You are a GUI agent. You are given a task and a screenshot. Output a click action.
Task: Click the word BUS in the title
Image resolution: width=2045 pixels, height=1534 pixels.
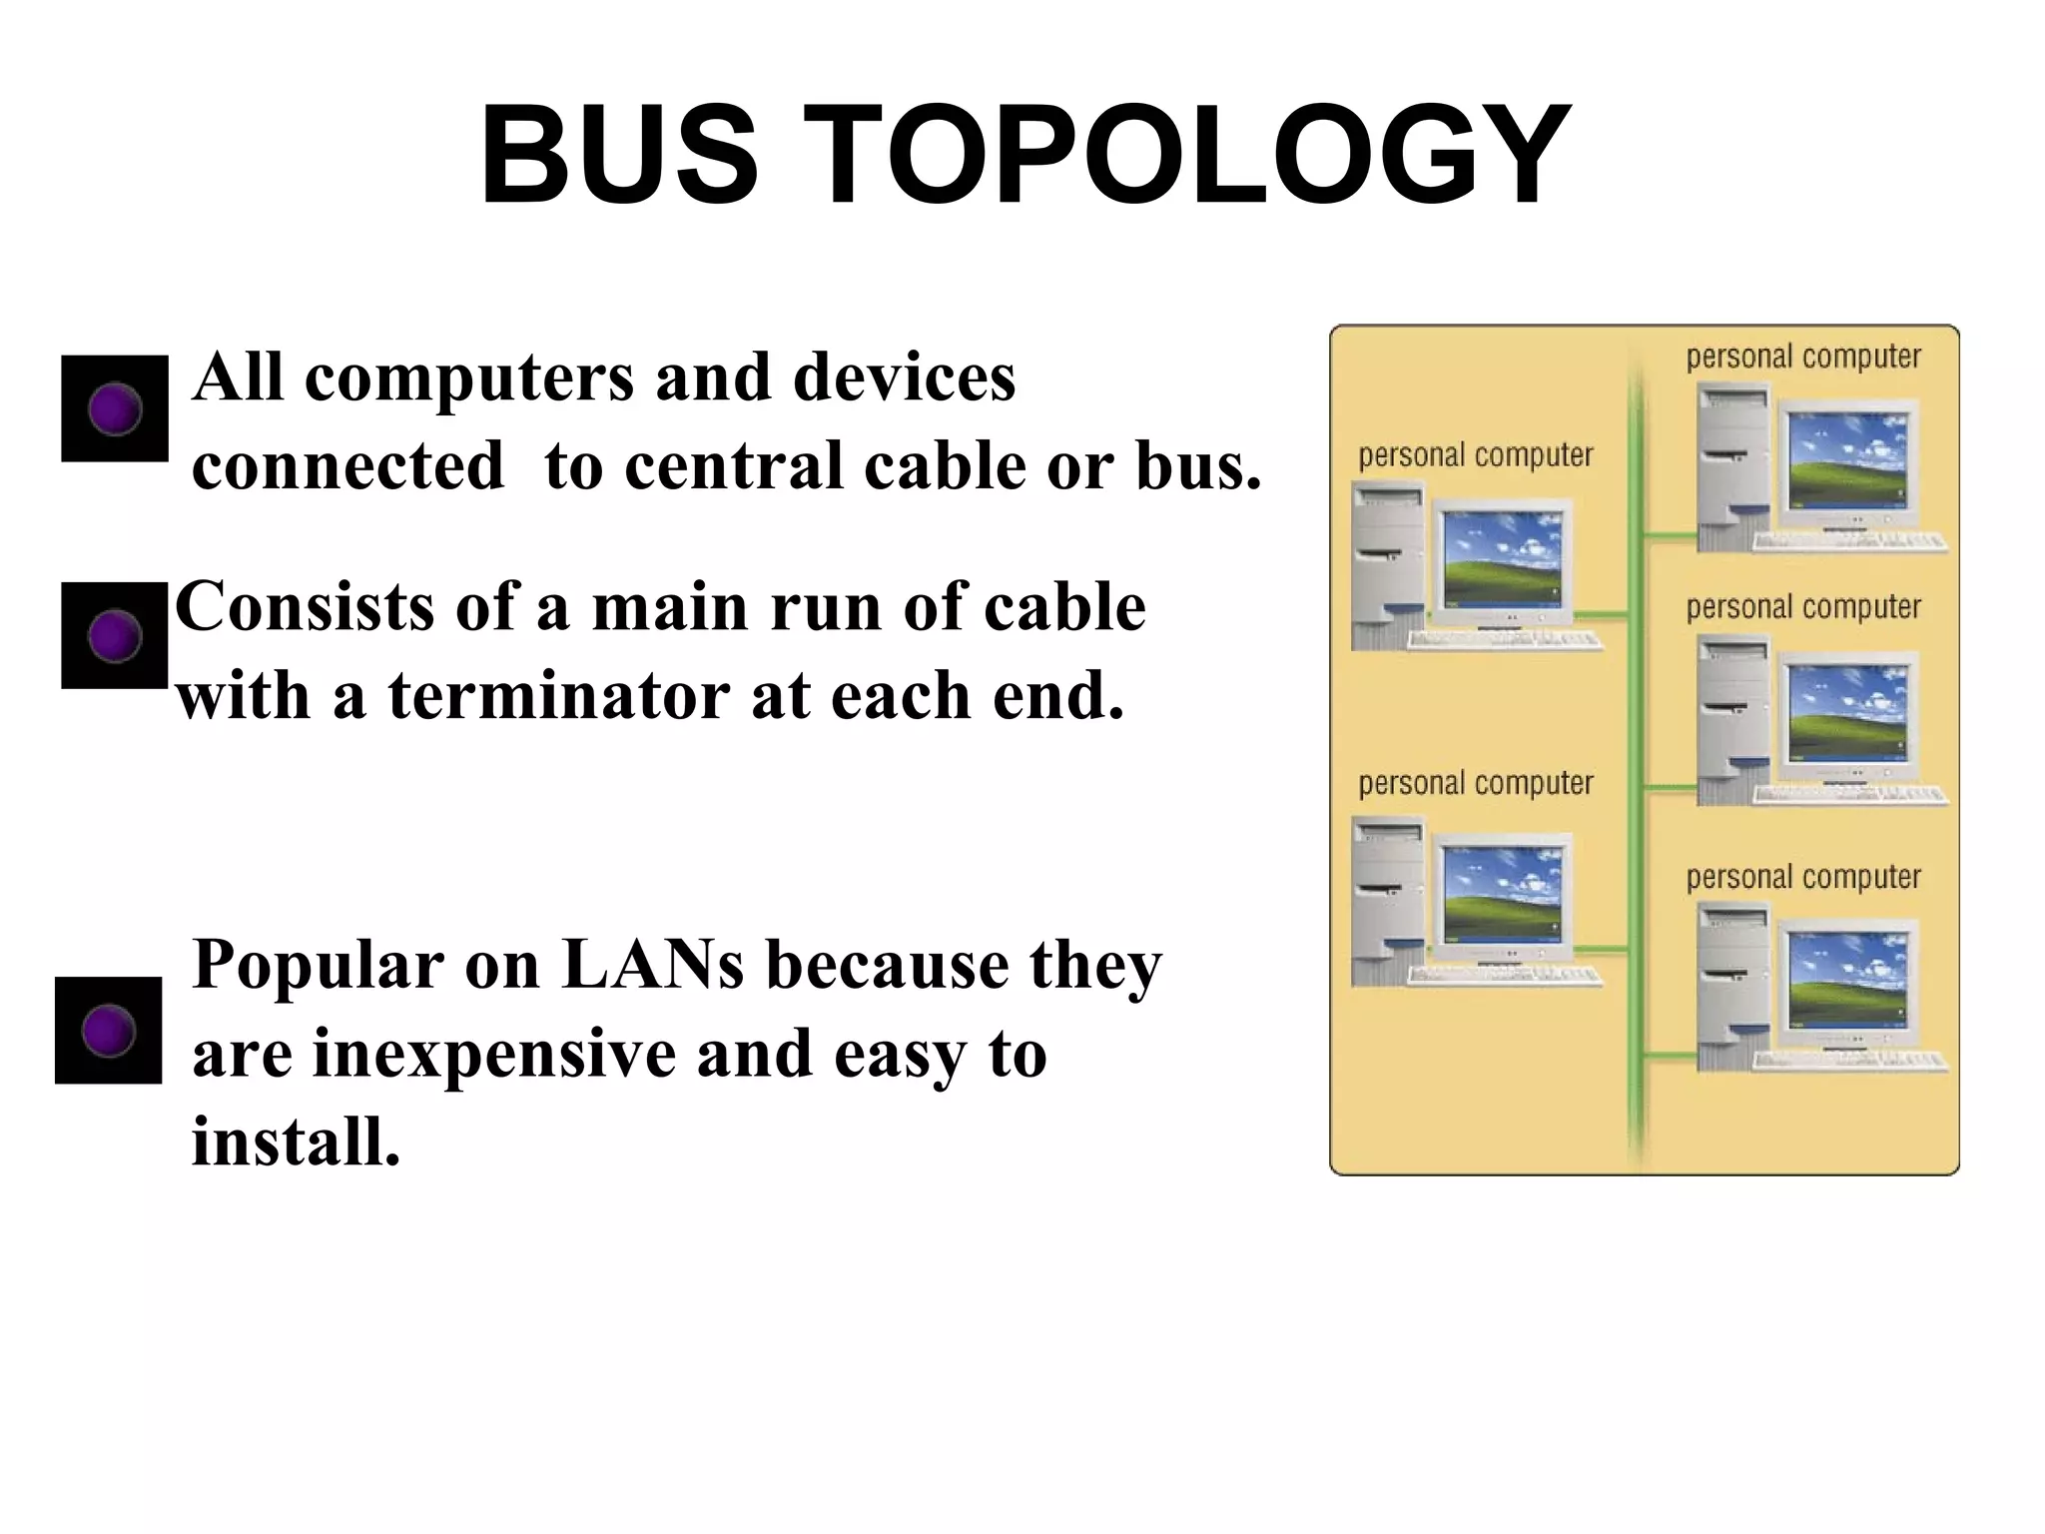pyautogui.click(x=619, y=157)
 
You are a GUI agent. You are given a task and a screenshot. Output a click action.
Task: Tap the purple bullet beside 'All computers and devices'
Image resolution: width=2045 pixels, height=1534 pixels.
pyautogui.click(x=115, y=408)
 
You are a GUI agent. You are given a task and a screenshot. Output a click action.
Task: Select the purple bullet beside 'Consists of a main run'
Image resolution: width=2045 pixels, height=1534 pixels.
pyautogui.click(x=115, y=635)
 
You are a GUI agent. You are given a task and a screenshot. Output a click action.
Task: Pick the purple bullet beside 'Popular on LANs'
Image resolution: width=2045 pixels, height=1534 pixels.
pyautogui.click(x=109, y=1031)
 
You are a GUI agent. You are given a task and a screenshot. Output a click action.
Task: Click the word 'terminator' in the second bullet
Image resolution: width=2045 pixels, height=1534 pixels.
pyautogui.click(x=559, y=695)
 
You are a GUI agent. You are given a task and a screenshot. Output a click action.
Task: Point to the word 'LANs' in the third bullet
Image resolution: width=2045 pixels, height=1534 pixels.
pyautogui.click(x=653, y=965)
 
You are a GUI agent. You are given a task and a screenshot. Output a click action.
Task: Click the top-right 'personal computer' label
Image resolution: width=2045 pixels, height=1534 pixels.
pyautogui.click(x=1803, y=357)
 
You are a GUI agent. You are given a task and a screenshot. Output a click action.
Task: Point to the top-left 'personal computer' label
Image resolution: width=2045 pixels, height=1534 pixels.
pyautogui.click(x=1475, y=455)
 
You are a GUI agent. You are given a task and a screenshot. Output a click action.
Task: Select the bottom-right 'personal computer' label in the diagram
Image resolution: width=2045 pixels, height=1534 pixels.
pyautogui.click(x=1803, y=877)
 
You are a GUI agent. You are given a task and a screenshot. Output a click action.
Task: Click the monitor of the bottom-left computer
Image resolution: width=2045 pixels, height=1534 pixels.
pyautogui.click(x=1503, y=897)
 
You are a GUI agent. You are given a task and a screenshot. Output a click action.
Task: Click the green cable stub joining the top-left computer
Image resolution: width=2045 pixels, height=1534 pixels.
pyautogui.click(x=1608, y=614)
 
